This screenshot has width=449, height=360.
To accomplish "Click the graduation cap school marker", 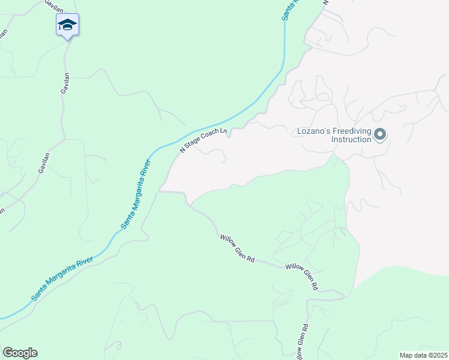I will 67,25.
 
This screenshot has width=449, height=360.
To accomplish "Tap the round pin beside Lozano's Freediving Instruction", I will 379,135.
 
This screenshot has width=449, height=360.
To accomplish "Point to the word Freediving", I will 352,131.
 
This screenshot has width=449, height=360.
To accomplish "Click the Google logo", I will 20,353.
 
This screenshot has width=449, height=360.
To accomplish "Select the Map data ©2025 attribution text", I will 423,355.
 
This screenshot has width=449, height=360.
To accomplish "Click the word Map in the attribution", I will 406,355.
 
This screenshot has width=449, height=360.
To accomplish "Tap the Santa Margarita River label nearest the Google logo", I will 62,278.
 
